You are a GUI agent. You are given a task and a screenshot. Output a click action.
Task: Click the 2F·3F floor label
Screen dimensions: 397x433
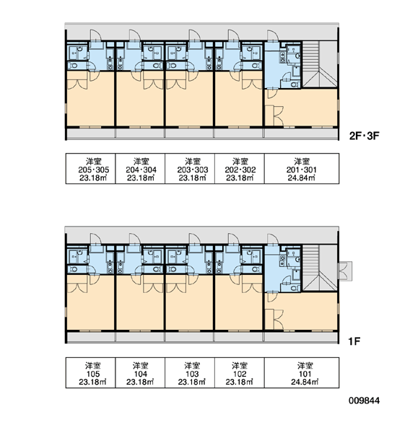click(364, 136)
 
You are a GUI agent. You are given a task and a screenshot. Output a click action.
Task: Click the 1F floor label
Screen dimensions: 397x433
click(354, 341)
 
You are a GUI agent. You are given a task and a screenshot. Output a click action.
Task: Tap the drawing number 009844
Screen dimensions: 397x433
click(364, 400)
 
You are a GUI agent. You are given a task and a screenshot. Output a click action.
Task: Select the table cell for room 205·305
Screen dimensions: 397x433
click(90, 168)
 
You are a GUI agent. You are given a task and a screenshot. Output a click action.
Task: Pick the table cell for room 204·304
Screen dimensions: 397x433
click(140, 168)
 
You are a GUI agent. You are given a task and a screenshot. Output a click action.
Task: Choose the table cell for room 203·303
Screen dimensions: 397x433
click(190, 168)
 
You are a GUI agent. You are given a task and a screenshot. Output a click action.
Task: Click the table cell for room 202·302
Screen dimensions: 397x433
click(240, 168)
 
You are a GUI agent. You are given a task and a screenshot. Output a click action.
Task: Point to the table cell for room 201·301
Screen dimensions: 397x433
click(302, 168)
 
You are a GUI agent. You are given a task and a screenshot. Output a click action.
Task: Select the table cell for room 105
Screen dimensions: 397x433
click(90, 373)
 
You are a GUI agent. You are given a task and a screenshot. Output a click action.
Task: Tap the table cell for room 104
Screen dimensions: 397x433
click(140, 373)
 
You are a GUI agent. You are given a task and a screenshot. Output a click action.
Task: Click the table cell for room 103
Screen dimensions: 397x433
click(190, 373)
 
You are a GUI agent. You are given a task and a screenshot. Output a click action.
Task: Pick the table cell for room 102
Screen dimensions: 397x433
click(240, 373)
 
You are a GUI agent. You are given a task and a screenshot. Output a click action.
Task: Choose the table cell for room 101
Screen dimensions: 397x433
click(302, 373)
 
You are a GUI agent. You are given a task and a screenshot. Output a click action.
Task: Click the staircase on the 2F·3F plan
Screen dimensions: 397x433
click(320, 65)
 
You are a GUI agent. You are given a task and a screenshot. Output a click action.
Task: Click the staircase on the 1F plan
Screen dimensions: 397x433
click(320, 268)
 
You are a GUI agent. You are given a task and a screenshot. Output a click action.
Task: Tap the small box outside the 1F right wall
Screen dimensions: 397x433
click(345, 271)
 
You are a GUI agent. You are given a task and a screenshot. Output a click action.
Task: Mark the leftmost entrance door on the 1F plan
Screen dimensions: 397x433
click(96, 239)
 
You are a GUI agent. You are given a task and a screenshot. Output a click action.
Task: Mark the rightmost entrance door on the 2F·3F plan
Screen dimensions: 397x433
click(273, 36)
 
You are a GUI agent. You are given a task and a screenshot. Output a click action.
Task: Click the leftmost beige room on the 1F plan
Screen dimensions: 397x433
click(91, 302)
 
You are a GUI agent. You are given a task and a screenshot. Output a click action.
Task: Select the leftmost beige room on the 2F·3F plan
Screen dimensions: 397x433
click(91, 99)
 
